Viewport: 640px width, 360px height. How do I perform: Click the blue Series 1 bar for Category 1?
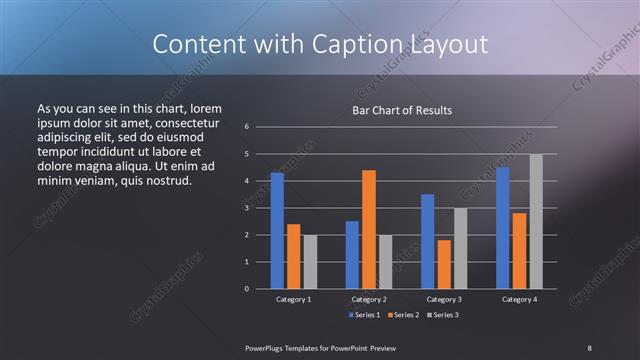tap(277, 231)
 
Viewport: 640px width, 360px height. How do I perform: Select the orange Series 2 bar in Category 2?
tap(369, 229)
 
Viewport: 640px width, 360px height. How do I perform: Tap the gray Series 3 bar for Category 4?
tap(536, 221)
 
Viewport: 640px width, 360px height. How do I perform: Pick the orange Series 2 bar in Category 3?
tap(444, 264)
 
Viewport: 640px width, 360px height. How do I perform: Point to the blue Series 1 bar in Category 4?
tap(502, 228)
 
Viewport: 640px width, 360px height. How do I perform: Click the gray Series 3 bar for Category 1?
tap(310, 262)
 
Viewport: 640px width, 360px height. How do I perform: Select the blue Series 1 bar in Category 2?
tap(352, 255)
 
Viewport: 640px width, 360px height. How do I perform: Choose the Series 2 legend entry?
tap(403, 315)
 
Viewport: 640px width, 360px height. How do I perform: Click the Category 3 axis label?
tap(444, 299)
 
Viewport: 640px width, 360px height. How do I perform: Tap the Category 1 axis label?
tap(294, 299)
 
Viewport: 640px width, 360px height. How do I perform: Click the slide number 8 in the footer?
tap(589, 347)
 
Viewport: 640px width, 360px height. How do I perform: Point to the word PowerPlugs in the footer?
tap(268, 347)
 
